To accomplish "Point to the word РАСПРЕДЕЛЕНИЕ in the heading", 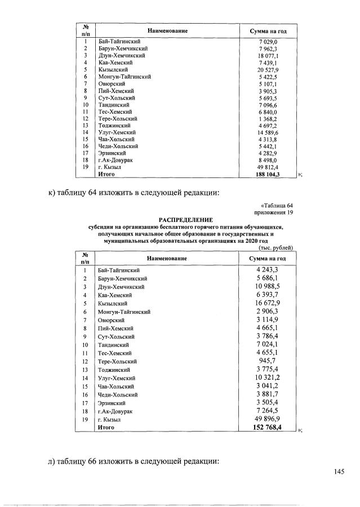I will click(186, 219).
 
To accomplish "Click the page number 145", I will click(338, 472).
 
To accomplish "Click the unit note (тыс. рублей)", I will click(277, 247).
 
